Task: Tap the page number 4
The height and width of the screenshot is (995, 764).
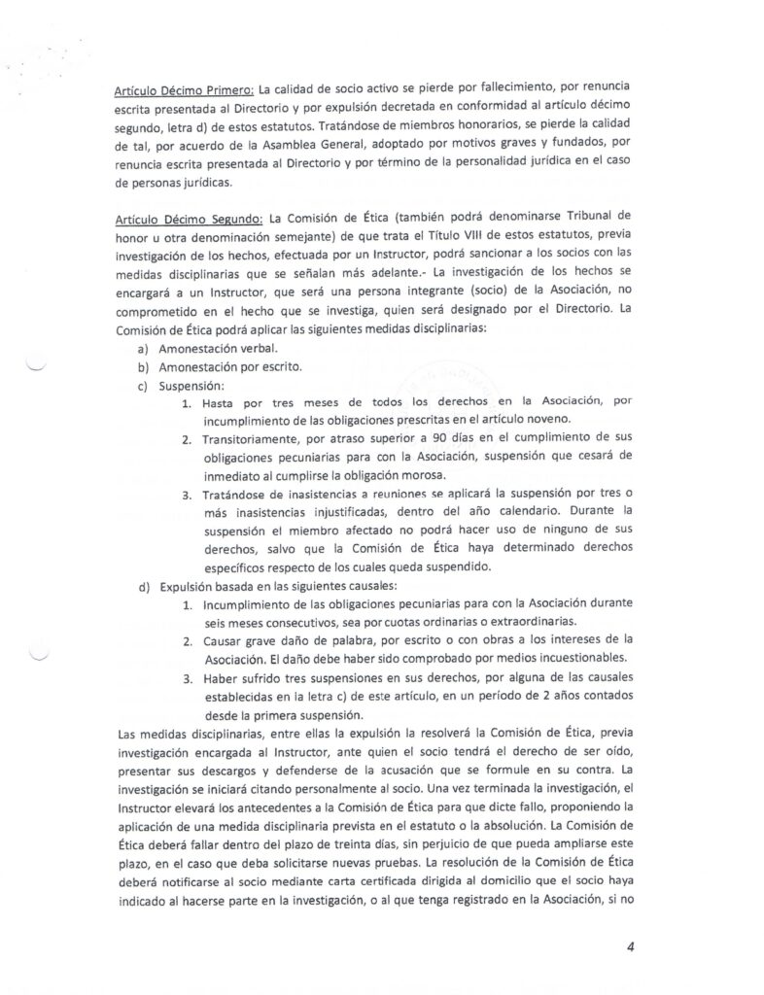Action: [x=630, y=947]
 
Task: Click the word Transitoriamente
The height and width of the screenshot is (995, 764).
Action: [x=257, y=439]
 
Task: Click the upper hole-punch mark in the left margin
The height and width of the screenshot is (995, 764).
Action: [x=35, y=367]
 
